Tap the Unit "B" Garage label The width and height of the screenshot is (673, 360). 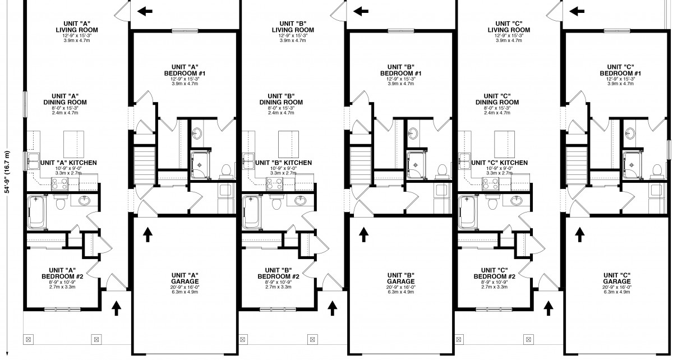coord(401,278)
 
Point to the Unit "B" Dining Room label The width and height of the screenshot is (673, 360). coord(289,99)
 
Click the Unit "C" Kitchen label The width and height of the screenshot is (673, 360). coord(499,163)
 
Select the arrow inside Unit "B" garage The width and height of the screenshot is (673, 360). coord(363,234)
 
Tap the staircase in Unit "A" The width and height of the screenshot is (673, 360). coord(144,163)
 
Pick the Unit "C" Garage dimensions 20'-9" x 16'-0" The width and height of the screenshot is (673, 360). coord(617,287)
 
